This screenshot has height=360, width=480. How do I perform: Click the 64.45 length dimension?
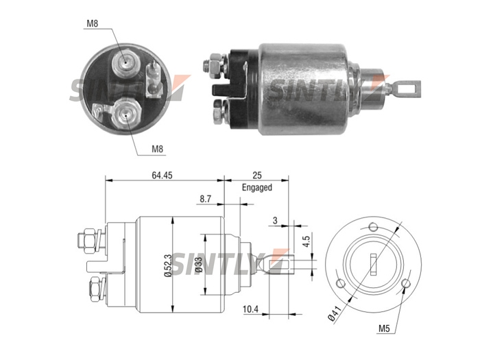[x=162, y=175]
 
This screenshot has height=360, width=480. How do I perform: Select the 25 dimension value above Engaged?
[x=257, y=175]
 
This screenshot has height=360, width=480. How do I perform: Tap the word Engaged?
[x=257, y=187]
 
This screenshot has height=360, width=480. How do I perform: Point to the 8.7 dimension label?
[x=206, y=199]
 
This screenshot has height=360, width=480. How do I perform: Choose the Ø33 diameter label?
[x=199, y=265]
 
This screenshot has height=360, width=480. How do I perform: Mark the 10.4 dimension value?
[x=250, y=309]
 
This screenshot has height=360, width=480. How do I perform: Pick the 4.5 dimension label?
[x=307, y=239]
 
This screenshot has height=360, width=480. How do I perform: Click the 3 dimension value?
[x=275, y=220]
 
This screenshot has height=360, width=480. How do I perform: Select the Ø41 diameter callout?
[x=335, y=313]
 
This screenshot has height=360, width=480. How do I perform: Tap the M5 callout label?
[x=384, y=328]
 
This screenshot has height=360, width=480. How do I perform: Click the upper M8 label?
[x=92, y=23]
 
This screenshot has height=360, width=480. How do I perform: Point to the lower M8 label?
[x=157, y=149]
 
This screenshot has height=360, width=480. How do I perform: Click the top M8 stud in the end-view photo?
[x=126, y=64]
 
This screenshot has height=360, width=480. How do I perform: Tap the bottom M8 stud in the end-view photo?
[x=125, y=115]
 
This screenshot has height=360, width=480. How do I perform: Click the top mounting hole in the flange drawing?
[x=373, y=227]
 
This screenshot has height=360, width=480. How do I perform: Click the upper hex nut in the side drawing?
[x=90, y=241]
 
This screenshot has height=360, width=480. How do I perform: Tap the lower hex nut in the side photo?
[x=219, y=112]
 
